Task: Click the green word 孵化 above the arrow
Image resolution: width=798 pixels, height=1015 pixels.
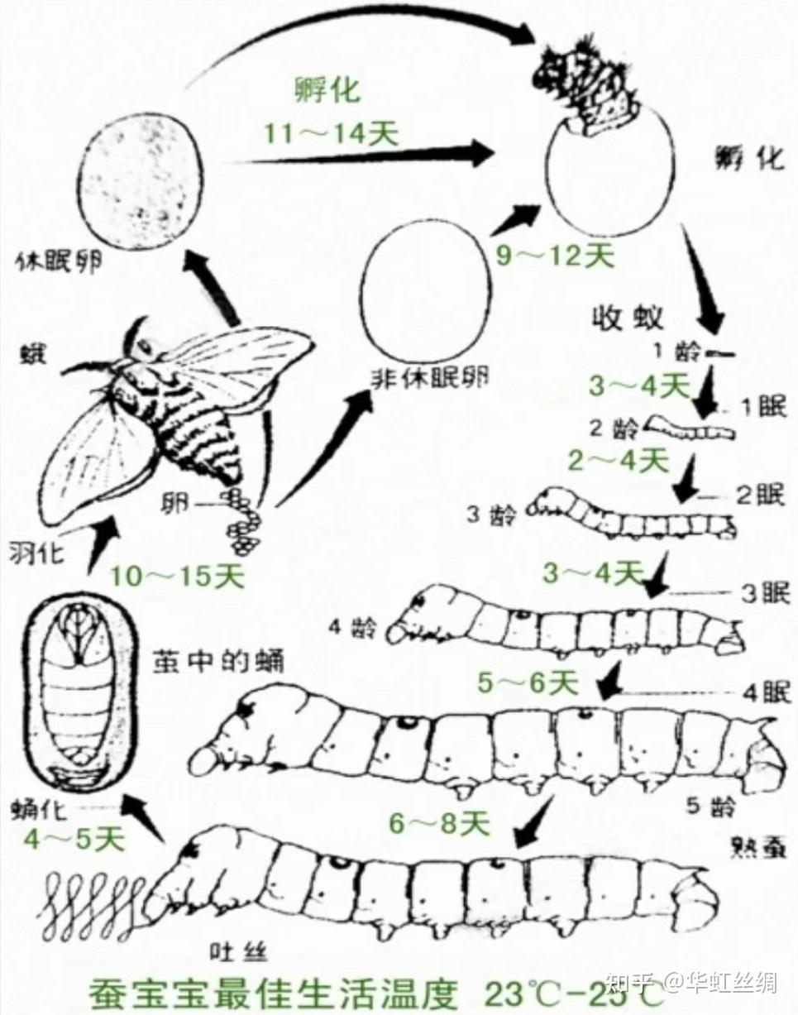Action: pyautogui.click(x=328, y=89)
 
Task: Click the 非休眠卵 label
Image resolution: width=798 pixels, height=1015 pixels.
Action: pyautogui.click(x=427, y=377)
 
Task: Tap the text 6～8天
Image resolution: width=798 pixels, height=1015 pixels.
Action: pyautogui.click(x=440, y=822)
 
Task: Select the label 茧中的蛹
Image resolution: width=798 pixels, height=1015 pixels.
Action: pyautogui.click(x=218, y=663)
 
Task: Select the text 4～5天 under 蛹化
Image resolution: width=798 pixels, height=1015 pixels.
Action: pyautogui.click(x=73, y=840)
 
